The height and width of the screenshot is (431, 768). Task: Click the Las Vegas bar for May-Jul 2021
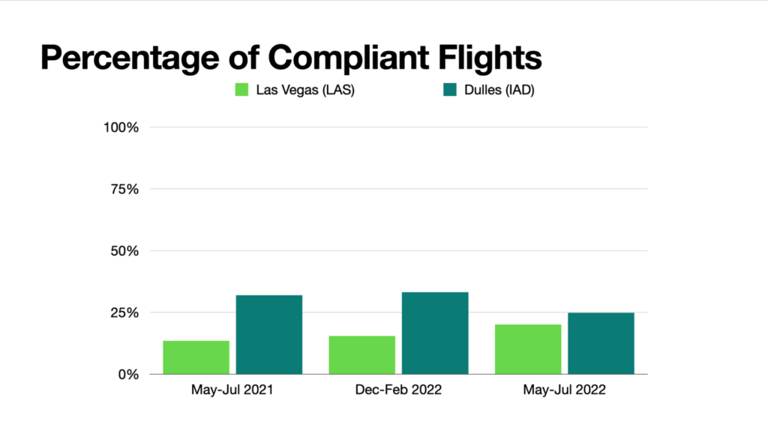tap(196, 358)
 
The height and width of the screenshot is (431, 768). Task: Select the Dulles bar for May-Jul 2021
tap(269, 334)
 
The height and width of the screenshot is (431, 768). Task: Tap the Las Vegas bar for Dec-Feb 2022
tap(361, 355)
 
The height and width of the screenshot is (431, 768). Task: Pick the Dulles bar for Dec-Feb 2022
tap(435, 333)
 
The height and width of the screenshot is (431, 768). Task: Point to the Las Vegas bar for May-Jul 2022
tap(528, 349)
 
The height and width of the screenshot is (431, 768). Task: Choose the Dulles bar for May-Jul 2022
tap(601, 343)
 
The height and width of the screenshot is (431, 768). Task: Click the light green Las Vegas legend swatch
tap(241, 90)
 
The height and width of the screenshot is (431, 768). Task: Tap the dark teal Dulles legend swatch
tap(450, 90)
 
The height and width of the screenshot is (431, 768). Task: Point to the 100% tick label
tap(121, 127)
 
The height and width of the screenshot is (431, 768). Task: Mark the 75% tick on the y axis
tap(124, 189)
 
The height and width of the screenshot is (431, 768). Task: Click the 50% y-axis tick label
tap(124, 251)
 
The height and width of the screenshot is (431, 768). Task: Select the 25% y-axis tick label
tap(124, 313)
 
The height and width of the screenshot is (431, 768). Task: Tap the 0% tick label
tap(128, 374)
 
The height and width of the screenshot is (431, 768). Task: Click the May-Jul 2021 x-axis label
tap(232, 391)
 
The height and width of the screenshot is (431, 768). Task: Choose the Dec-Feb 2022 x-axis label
tap(398, 391)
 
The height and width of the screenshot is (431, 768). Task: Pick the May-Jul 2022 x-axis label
tap(564, 391)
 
